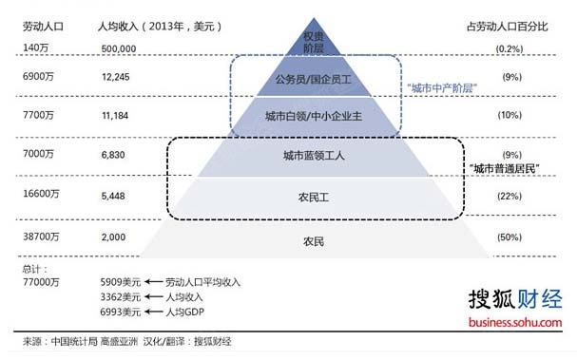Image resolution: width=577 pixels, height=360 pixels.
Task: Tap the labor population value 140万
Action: pyautogui.click(x=35, y=47)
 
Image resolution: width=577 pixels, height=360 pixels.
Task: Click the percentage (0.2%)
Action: pyautogui.click(x=510, y=47)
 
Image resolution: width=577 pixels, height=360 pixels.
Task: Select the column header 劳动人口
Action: pyautogui.click(x=40, y=27)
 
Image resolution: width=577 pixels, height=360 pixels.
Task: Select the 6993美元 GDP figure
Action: pyautogui.click(x=121, y=311)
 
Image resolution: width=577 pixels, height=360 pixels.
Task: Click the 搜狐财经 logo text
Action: pyautogui.click(x=515, y=300)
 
